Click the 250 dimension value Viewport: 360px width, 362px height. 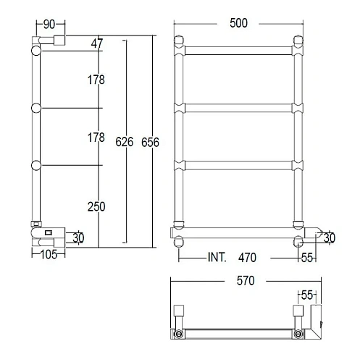[x=96, y=206]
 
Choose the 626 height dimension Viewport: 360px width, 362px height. [x=125, y=142]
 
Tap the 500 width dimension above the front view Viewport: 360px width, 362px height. [x=238, y=23]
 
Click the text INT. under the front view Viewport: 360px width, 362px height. [x=217, y=257]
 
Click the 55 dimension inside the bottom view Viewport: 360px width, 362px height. [x=307, y=295]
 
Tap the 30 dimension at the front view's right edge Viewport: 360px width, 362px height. [x=330, y=237]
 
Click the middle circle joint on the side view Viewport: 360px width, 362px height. [x=35, y=109]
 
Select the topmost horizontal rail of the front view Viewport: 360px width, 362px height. [x=238, y=51]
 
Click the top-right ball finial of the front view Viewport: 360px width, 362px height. [x=298, y=40]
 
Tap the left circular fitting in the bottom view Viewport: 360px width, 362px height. [x=177, y=333]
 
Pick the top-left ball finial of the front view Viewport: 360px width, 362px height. [x=179, y=40]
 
